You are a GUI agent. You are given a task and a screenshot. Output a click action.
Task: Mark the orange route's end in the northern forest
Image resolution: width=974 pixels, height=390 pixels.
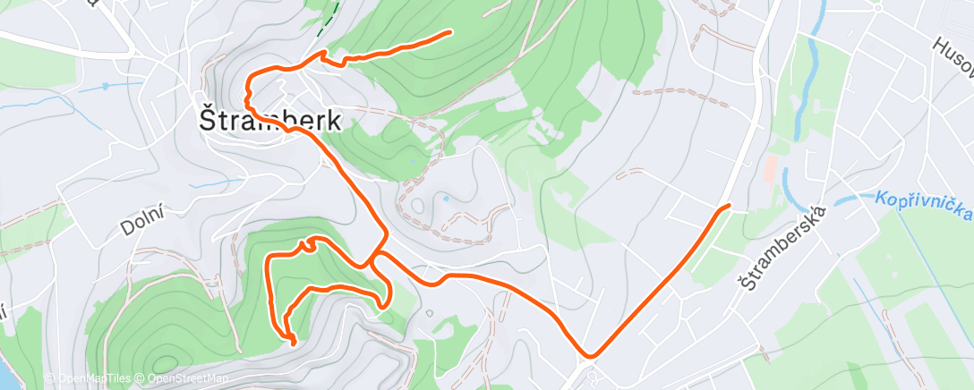pyautogui.click(x=449, y=32)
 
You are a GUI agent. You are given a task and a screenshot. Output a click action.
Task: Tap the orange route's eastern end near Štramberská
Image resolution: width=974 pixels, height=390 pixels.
pyautogui.click(x=729, y=207)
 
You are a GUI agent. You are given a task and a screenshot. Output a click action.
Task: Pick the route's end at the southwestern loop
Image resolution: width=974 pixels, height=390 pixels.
pyautogui.click(x=295, y=341)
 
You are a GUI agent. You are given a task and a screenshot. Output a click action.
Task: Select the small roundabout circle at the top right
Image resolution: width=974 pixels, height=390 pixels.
pyautogui.click(x=878, y=6)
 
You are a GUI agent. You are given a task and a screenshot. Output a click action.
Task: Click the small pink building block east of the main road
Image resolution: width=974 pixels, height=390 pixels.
pyautogui.click(x=771, y=166)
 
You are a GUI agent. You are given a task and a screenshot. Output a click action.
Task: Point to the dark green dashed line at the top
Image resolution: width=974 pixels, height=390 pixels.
pyautogui.click(x=332, y=15)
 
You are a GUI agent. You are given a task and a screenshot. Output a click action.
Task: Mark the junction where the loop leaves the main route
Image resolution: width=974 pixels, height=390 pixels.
pyautogui.click(x=372, y=263)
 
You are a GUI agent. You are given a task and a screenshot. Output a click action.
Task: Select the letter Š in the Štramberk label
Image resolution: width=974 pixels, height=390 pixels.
pyautogui.click(x=207, y=118)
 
